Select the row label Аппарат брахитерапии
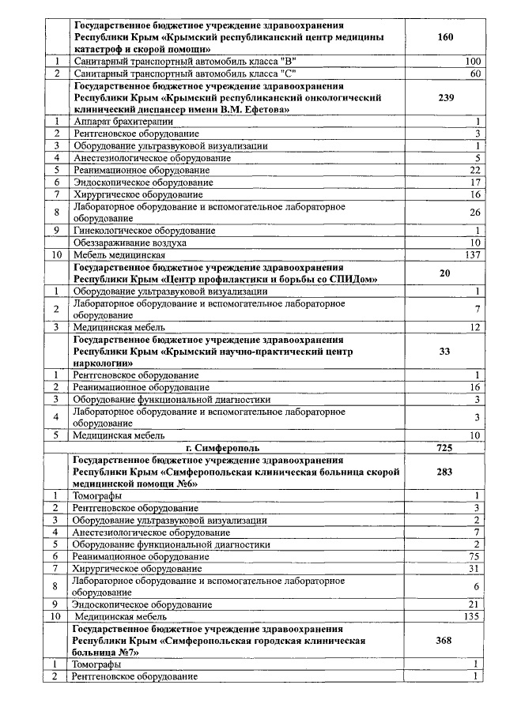click(123, 122)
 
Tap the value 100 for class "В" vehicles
click(473, 61)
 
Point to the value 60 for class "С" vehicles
click(475, 73)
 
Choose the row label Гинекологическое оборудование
click(143, 230)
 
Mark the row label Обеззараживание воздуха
click(129, 243)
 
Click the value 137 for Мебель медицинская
click(472, 255)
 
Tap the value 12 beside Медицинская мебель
click(475, 327)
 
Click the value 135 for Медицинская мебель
click(472, 616)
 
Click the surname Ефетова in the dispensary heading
click(262, 109)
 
